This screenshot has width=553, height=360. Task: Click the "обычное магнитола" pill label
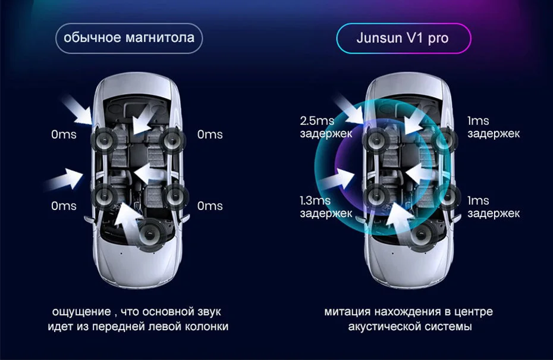[x=129, y=38]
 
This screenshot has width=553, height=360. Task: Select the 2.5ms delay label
[x=325, y=127]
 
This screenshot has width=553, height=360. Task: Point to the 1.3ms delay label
[x=325, y=206]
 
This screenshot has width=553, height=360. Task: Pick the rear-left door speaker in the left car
[x=105, y=195]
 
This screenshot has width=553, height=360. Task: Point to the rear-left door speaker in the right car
[x=378, y=195]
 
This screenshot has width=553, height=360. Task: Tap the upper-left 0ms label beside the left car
[x=64, y=134]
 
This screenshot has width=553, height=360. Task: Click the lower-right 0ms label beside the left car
[x=210, y=206]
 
